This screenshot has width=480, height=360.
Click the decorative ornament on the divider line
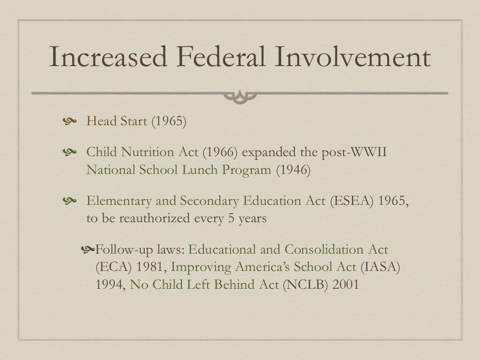click(240, 96)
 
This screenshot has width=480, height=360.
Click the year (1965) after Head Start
click(168, 121)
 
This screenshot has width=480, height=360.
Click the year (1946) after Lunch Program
click(293, 169)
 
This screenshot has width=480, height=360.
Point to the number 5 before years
click(231, 218)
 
